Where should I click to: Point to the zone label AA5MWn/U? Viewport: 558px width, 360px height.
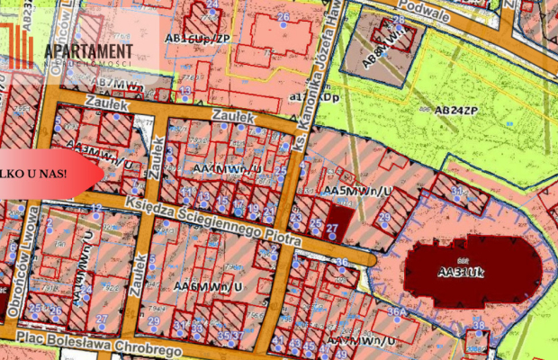click(358, 192)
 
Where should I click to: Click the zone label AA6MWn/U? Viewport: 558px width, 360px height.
click(210, 286)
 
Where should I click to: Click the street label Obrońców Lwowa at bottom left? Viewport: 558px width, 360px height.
click(34, 261)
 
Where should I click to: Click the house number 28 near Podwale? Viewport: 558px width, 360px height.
click(398, 19)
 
